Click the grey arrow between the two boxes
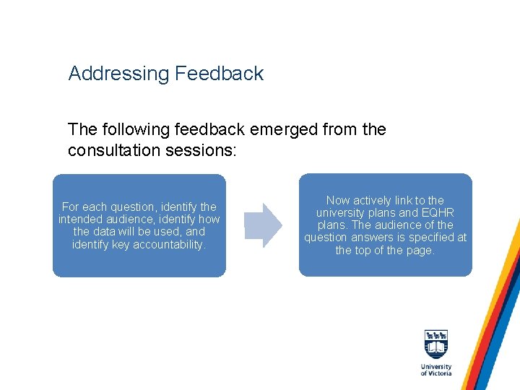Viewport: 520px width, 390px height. [263, 225]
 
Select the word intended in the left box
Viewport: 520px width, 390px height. [81, 220]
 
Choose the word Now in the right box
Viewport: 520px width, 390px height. [338, 201]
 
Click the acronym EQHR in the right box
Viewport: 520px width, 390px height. [438, 213]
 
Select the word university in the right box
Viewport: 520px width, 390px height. [341, 213]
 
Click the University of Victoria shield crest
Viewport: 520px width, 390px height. [436, 344]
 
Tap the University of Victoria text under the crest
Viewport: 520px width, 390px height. [436, 370]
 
